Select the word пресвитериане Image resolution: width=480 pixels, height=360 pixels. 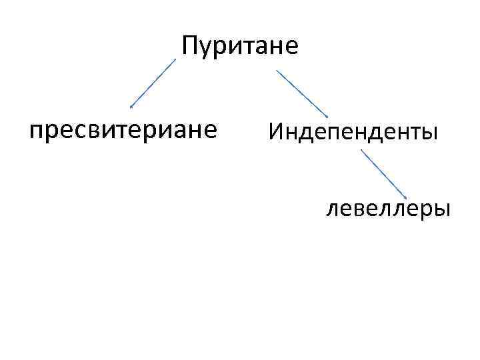(x=123, y=130)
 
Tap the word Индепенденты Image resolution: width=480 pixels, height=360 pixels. (x=353, y=132)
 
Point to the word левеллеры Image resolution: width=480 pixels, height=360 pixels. (x=388, y=209)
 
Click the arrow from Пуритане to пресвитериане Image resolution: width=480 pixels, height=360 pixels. (x=153, y=83)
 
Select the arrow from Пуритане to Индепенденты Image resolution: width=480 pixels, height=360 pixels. (x=301, y=91)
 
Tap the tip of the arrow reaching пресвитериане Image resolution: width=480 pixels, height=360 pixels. (x=131, y=106)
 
